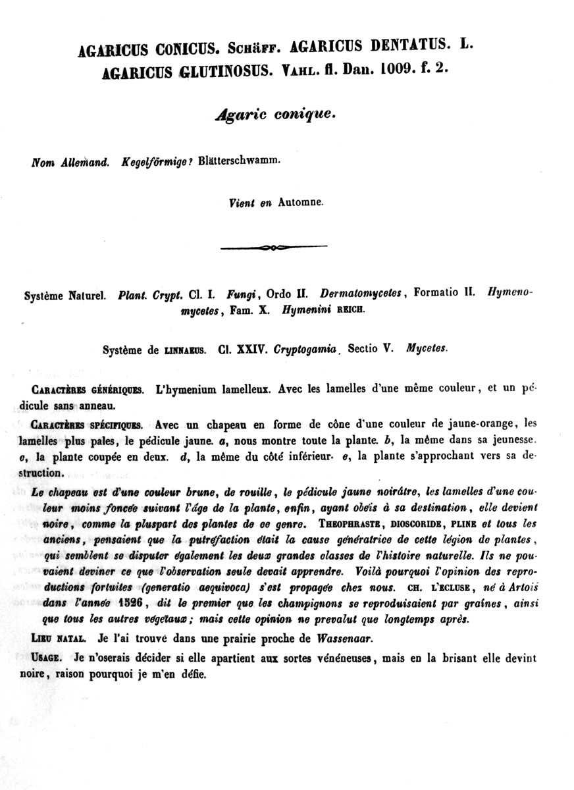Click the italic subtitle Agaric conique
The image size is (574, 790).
[x=275, y=114]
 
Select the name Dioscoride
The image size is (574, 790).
[x=426, y=525]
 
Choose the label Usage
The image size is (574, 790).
[x=48, y=658]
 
